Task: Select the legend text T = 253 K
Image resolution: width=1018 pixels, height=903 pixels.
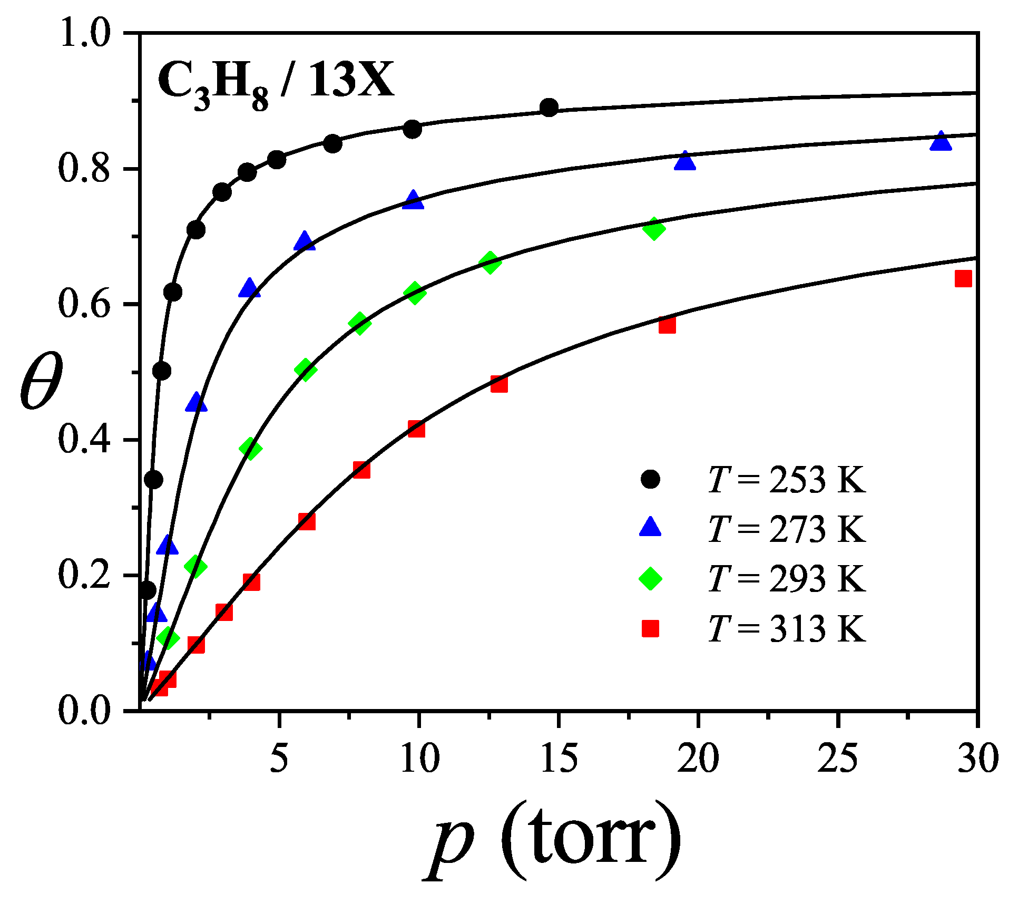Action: [787, 480]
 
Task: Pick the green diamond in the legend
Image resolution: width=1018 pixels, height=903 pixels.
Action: [650, 578]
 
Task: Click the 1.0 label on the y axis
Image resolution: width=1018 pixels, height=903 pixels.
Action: [84, 33]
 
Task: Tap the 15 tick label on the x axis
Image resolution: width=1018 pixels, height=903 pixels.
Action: [559, 760]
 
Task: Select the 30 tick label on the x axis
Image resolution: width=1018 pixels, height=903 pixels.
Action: [977, 760]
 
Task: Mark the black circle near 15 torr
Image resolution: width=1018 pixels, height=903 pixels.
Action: [549, 108]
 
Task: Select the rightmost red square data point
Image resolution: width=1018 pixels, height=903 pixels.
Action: [963, 278]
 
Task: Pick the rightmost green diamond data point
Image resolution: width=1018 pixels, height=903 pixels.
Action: [654, 229]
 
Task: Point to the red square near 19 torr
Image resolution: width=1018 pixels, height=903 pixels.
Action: [667, 325]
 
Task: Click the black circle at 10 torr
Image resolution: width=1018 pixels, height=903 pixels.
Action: [413, 129]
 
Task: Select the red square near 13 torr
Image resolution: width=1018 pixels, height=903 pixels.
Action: [499, 384]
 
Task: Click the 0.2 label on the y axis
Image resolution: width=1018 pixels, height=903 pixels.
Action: [84, 575]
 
